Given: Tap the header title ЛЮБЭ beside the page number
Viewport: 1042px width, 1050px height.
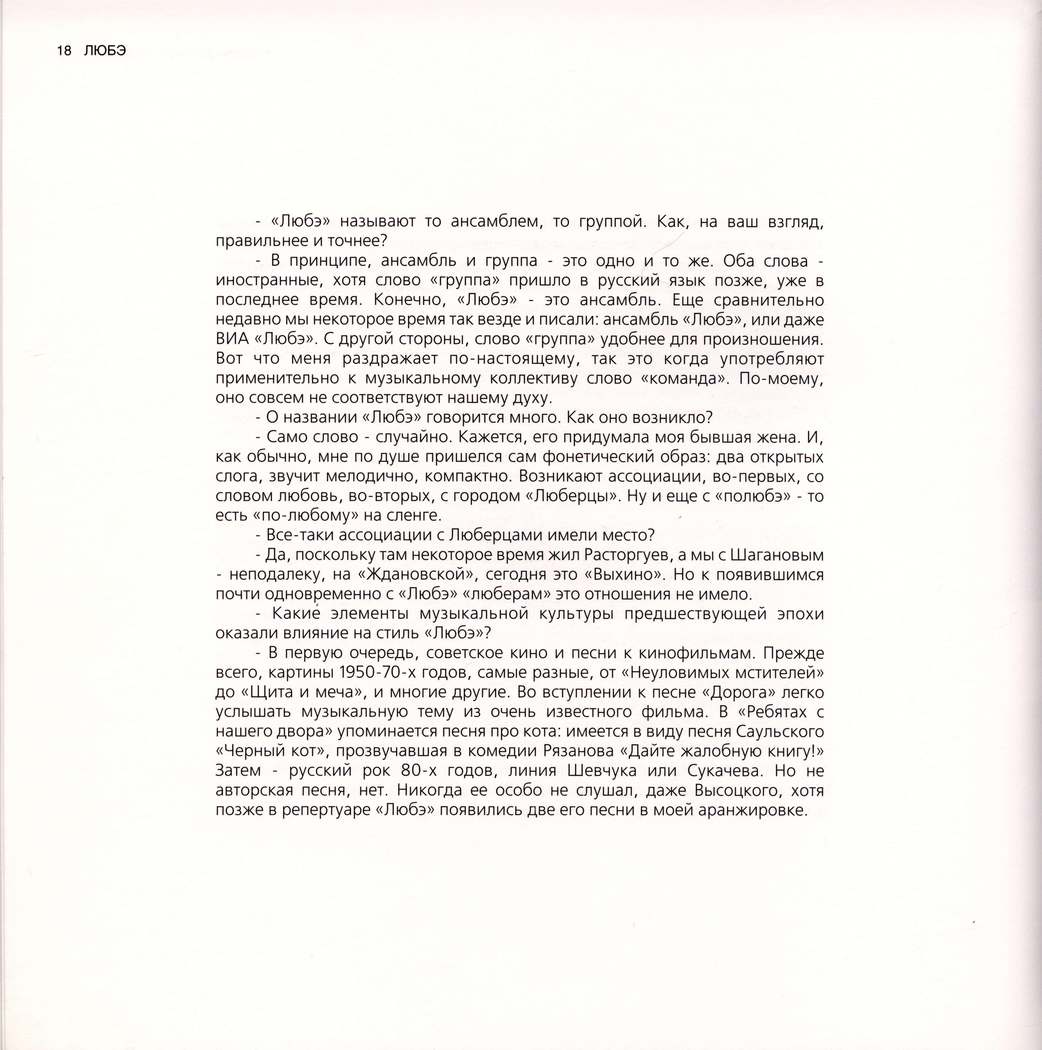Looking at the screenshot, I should [105, 51].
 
